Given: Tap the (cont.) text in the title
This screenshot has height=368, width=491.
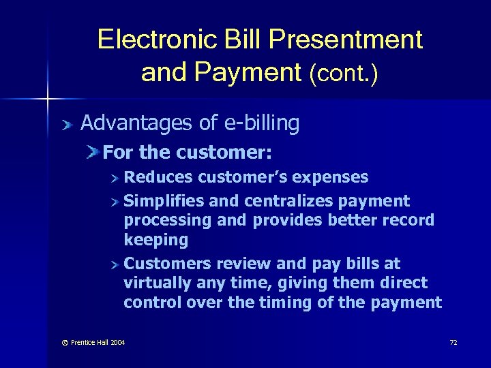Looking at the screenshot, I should (344, 73).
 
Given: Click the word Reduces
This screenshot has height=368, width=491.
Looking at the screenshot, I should (158, 177).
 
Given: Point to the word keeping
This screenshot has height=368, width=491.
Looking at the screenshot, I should (155, 239).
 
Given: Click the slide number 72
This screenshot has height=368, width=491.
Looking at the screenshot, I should (453, 342).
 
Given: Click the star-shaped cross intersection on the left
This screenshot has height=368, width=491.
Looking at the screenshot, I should (48, 99).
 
